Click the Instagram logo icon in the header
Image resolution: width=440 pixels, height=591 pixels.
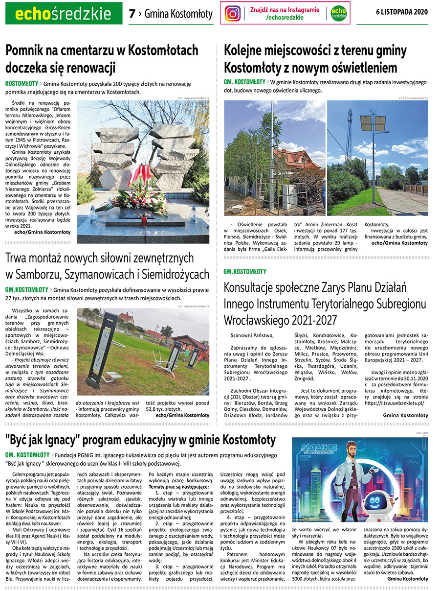click(x=233, y=13)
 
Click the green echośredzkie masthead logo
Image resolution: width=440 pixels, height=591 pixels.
click(x=64, y=14)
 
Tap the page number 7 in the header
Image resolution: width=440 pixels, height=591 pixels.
click(x=132, y=14)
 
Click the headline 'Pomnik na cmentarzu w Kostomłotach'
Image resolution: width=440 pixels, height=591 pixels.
click(x=102, y=50)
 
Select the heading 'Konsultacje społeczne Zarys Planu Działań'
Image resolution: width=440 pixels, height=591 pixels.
click(x=315, y=287)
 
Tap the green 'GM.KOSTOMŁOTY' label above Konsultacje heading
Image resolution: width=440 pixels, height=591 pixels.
click(x=245, y=271)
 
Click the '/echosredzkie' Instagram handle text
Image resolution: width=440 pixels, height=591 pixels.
click(x=285, y=18)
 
